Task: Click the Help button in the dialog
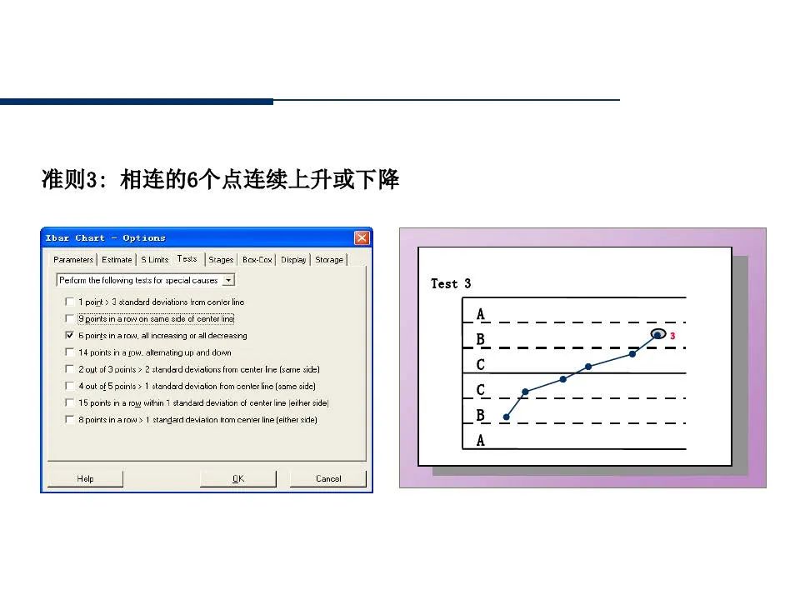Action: coord(85,478)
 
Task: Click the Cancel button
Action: coord(328,478)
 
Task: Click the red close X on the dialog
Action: coord(362,238)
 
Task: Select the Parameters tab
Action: coord(73,260)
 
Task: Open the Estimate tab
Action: coord(117,260)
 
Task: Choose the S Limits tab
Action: coord(154,260)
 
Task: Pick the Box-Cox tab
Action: coord(257,260)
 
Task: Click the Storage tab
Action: coord(329,260)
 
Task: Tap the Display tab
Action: coord(293,260)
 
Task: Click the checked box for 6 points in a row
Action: coord(70,336)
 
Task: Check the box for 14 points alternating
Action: coord(70,352)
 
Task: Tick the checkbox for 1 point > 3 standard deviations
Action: coord(70,302)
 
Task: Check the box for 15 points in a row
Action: coord(70,402)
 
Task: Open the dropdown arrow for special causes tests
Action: coord(229,281)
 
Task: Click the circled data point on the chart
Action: coord(657,335)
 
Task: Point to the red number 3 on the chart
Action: coord(672,336)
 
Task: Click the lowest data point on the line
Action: coord(506,417)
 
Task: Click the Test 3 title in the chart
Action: coord(451,284)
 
